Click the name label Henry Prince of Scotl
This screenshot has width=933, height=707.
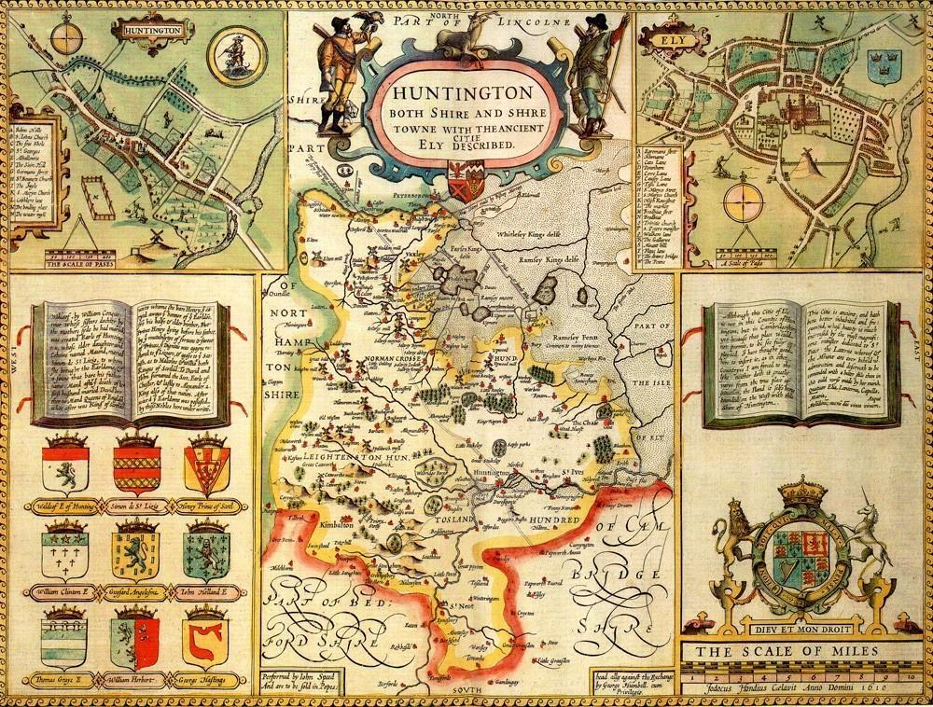click(x=206, y=505)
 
